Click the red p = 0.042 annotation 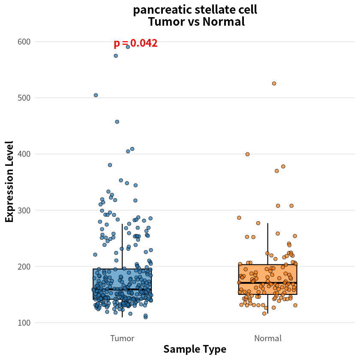tap(136, 43)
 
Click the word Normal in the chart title tap(224, 22)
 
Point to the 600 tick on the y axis tap(24, 42)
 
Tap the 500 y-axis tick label tap(24, 98)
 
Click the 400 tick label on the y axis tap(24, 154)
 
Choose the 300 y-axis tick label tap(24, 210)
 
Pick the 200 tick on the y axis tap(24, 267)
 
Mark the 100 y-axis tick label tap(24, 323)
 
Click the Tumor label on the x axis tap(122, 338)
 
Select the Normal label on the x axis tap(268, 338)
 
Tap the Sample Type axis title tap(195, 349)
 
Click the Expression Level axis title tap(9, 182)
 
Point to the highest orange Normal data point tap(274, 84)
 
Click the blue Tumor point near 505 tap(96, 95)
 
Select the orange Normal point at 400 tap(247, 154)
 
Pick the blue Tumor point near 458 tap(117, 122)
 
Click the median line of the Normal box tap(268, 282)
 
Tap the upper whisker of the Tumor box tap(122, 246)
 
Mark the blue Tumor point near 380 tap(110, 165)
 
